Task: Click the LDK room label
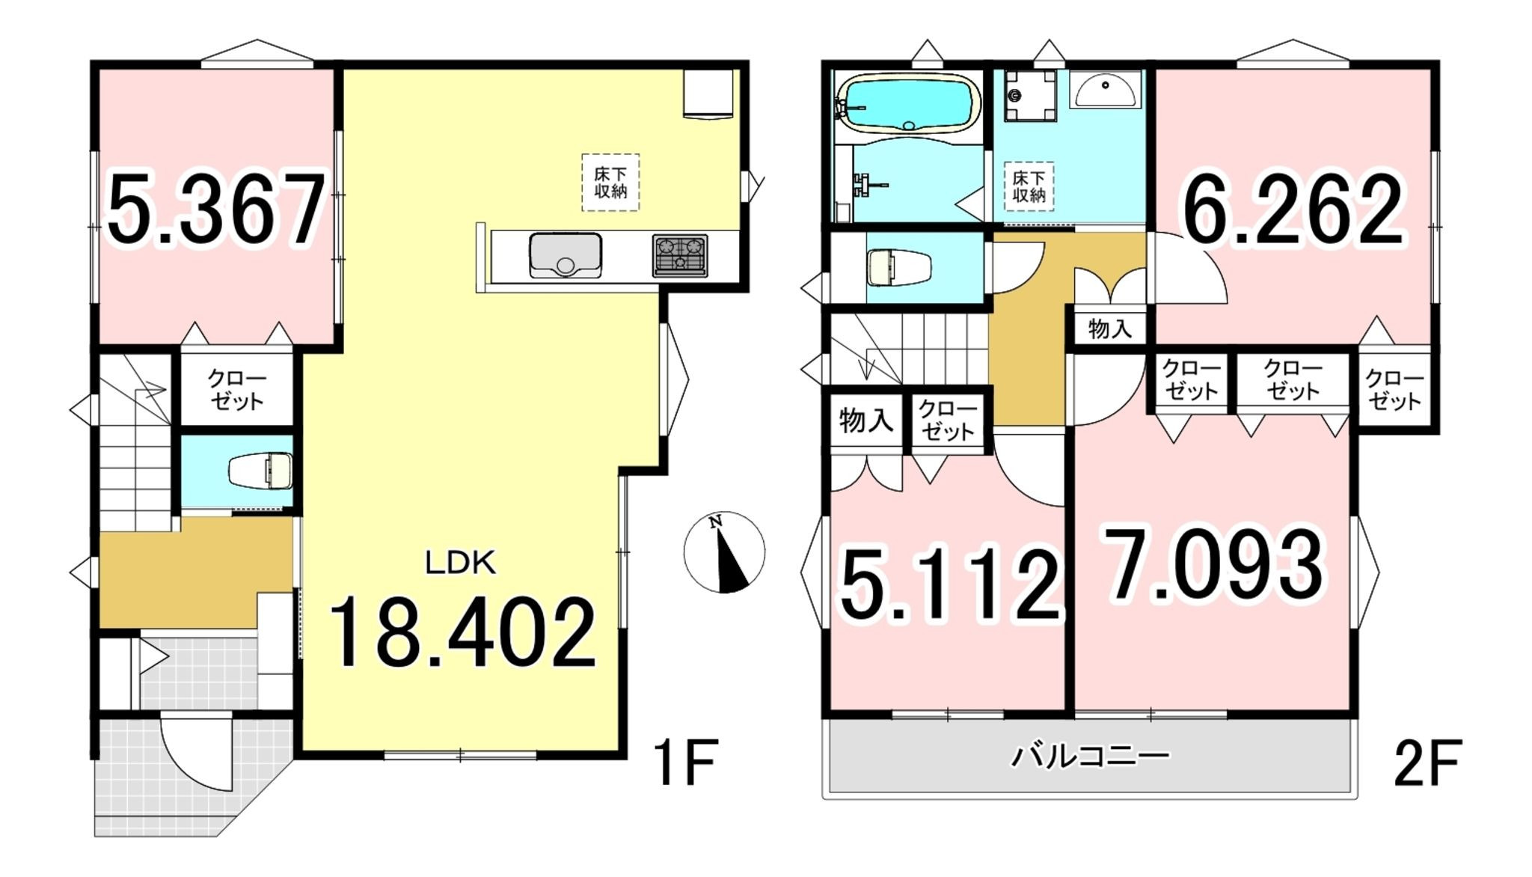point(460,563)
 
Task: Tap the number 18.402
point(462,632)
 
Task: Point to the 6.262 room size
point(1292,210)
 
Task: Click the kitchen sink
point(566,255)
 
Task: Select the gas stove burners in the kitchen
point(680,255)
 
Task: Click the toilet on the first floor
point(260,471)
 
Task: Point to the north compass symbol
point(724,552)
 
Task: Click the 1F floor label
point(685,762)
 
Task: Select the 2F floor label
point(1427,764)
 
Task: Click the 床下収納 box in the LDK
point(611,182)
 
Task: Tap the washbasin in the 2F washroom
point(1105,91)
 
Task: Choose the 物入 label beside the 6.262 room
point(1110,328)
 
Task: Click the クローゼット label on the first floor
point(237,389)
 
